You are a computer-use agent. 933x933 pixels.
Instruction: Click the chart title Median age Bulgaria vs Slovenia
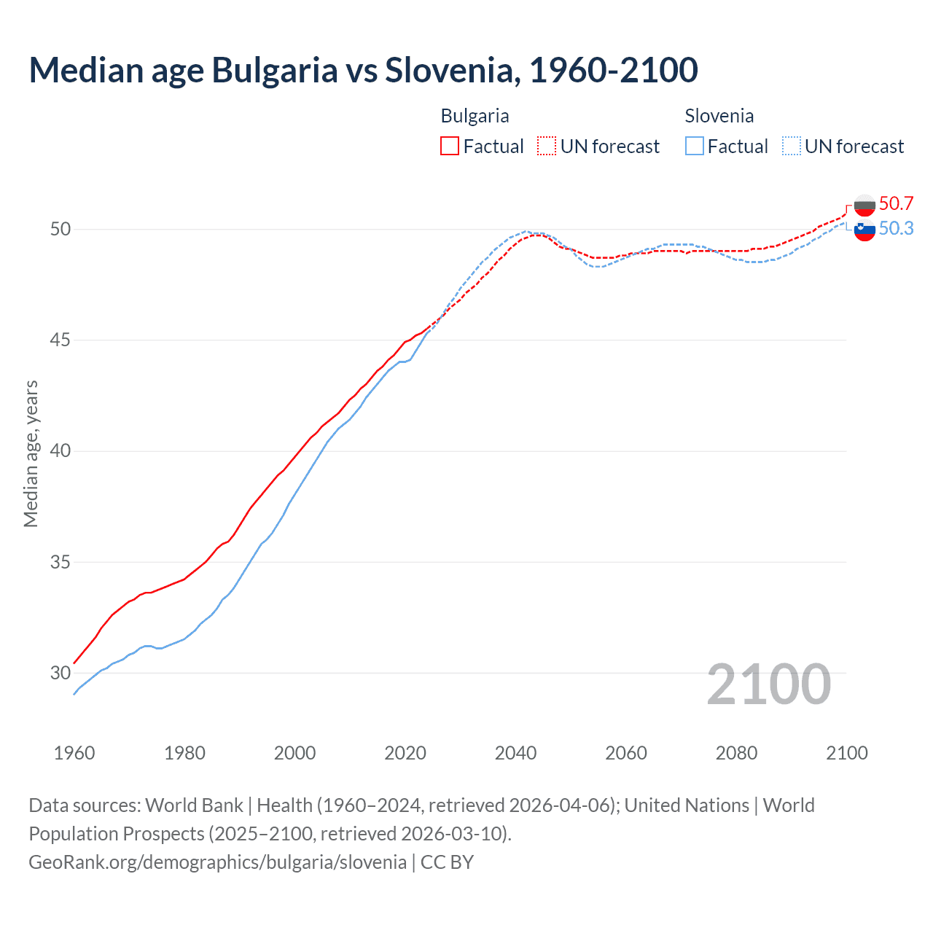[363, 70]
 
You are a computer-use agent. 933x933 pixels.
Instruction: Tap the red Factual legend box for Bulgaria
[450, 146]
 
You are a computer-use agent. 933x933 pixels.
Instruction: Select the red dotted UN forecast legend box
[547, 146]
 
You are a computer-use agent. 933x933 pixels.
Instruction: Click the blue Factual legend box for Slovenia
[695, 146]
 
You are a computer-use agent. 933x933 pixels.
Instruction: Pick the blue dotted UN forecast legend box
[792, 146]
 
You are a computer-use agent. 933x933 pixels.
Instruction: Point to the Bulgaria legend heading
[475, 116]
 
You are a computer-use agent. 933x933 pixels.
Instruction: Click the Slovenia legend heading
[719, 116]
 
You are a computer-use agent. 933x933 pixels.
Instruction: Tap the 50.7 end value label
[896, 203]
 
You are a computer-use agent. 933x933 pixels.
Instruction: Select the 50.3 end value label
[896, 229]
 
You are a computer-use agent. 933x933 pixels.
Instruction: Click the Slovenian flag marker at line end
[864, 230]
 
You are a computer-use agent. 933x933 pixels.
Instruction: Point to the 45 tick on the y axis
[60, 340]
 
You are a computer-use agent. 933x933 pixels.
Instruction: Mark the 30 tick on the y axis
[60, 673]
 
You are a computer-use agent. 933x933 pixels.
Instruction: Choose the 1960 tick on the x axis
[74, 753]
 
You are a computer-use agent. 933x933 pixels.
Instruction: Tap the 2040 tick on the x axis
[515, 753]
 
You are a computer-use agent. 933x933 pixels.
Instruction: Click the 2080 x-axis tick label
[736, 753]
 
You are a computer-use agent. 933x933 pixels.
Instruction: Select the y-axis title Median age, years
[31, 453]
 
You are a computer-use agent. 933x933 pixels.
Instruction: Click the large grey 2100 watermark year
[768, 684]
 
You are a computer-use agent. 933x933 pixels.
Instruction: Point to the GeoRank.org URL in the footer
[217, 862]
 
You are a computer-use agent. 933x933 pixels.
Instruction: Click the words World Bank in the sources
[194, 805]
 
